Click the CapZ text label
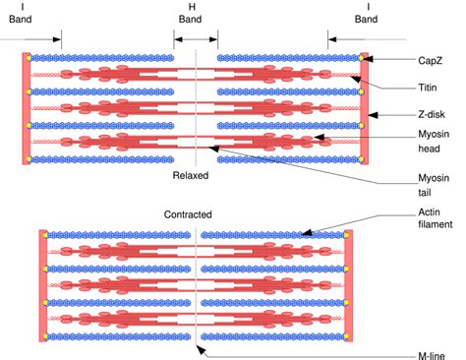431,60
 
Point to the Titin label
429,88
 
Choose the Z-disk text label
432,114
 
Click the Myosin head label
434,147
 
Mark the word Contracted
188,213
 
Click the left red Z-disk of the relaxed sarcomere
26,107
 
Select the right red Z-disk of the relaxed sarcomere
365,107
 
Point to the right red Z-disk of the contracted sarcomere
348,286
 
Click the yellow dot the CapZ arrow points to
362,60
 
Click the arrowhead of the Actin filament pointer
304,234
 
